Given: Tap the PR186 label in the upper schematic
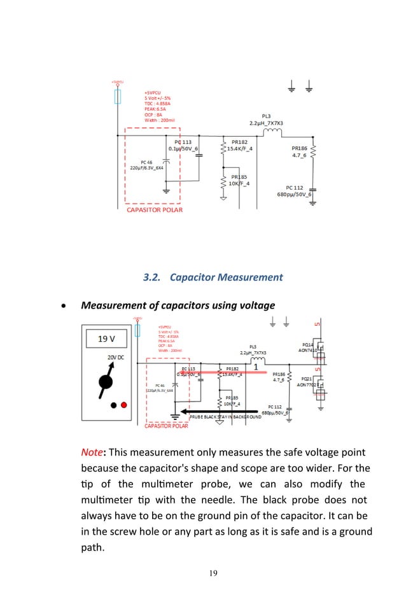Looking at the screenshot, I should (299, 148).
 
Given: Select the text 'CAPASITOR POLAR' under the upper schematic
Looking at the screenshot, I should (155, 209).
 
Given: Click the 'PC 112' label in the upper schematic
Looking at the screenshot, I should (295, 188).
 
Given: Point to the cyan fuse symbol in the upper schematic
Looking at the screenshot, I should (117, 96).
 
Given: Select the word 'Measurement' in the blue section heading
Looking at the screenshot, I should (251, 277).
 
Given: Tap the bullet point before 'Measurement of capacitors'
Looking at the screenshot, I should (62, 306).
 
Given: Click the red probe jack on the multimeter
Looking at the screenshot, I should (125, 405).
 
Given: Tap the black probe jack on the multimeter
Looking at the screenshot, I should (113, 405).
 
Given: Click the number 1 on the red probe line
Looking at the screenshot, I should (256, 367).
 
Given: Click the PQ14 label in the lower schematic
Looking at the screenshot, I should (308, 344).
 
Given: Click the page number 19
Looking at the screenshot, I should (213, 573).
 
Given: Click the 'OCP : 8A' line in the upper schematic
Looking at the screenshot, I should (154, 115).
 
